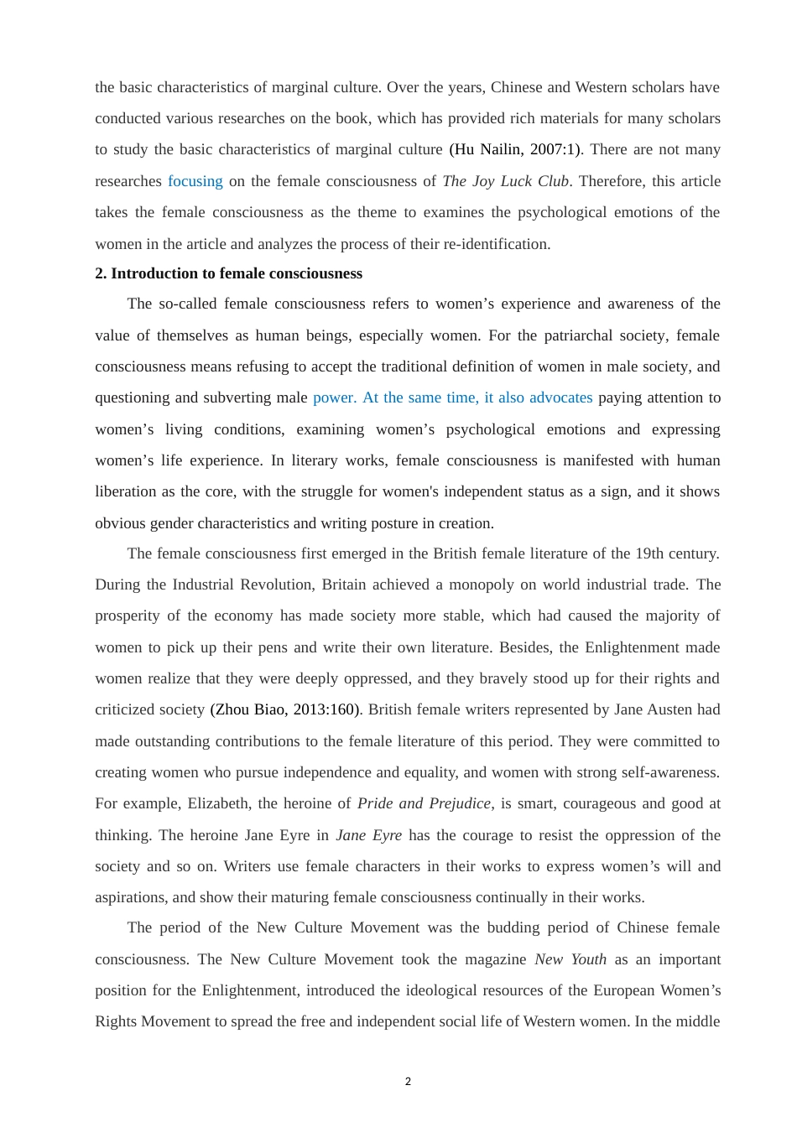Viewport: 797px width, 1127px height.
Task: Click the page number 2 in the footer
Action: [408, 1082]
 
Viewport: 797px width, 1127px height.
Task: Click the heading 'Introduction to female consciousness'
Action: [237, 273]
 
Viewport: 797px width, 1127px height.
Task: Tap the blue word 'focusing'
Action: [195, 181]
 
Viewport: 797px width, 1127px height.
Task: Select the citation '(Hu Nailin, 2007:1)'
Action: [515, 149]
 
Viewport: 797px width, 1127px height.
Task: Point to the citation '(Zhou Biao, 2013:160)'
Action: [285, 709]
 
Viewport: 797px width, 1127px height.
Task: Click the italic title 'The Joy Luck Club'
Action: [505, 181]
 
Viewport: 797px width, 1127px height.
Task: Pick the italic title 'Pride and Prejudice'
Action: [424, 803]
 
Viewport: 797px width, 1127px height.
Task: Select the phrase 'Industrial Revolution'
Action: [242, 584]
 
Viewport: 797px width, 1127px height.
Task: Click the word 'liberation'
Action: [127, 491]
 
